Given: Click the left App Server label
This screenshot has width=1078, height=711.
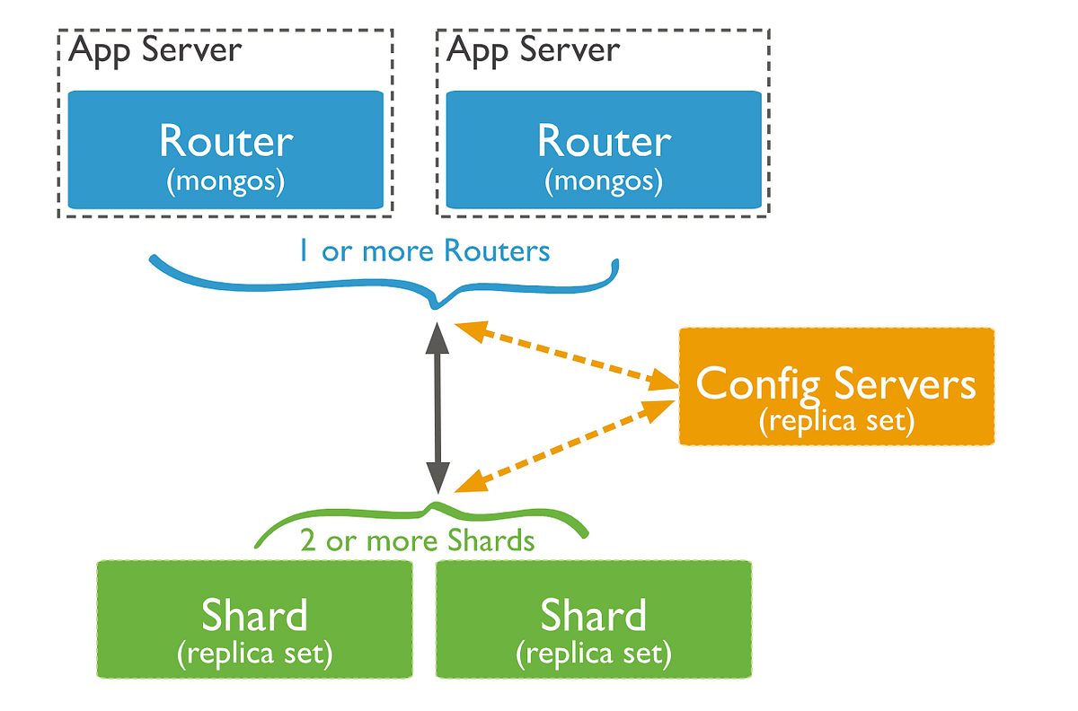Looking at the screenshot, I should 155,49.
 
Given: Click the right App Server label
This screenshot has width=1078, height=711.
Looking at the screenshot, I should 534,49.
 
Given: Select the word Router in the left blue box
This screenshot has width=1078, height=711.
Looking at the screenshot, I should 226,141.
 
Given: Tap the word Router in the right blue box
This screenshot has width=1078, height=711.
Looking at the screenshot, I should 605,141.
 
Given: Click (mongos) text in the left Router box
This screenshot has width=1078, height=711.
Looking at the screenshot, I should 226,181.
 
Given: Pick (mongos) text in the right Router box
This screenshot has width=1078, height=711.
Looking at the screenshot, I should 605,181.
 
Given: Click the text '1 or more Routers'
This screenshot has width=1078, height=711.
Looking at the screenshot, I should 424,250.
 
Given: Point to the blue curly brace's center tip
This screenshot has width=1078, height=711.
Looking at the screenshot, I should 437,306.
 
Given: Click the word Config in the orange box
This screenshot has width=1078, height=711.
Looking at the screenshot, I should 760,384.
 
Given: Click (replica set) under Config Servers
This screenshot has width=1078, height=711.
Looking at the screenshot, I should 836,420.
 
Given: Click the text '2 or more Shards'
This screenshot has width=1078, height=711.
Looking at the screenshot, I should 417,541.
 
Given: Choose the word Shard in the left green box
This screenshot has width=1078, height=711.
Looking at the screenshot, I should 255,616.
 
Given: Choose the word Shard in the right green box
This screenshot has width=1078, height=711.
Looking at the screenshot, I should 593,616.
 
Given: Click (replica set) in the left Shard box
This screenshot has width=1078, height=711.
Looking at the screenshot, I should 255,653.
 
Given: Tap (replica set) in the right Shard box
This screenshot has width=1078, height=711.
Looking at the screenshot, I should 593,653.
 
